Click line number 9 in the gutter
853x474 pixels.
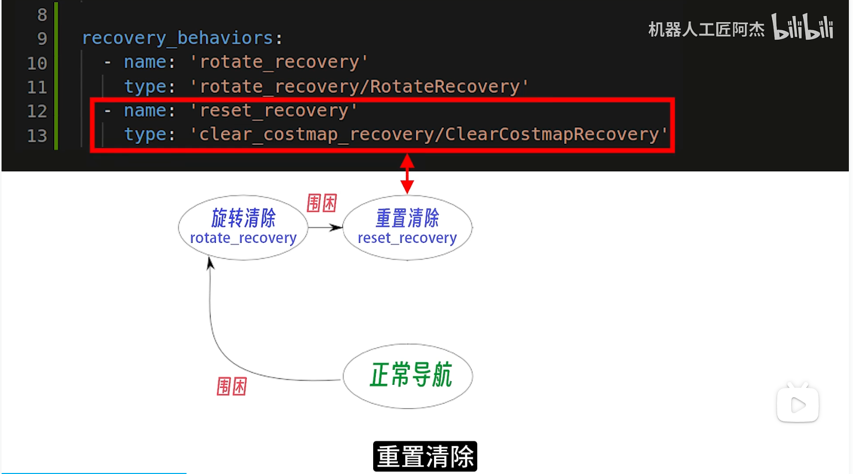[x=42, y=39]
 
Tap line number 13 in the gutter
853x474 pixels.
[x=37, y=136]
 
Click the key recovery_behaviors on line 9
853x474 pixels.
[x=177, y=38]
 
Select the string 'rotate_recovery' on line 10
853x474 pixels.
[x=279, y=62]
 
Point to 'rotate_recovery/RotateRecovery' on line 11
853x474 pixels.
[x=359, y=87]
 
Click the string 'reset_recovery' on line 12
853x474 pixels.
[x=274, y=111]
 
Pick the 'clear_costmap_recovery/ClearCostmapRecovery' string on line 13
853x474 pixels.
[x=428, y=135]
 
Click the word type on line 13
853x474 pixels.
[x=145, y=135]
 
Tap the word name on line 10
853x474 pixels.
[x=145, y=62]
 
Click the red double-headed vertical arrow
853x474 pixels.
[x=407, y=174]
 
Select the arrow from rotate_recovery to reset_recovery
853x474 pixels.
[x=325, y=227]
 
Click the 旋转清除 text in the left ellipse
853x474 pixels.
[x=243, y=218]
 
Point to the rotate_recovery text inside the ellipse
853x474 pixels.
[x=243, y=238]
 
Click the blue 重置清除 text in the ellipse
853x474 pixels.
[x=407, y=218]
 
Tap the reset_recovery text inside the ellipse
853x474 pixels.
[x=407, y=238]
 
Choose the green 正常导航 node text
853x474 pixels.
[x=410, y=375]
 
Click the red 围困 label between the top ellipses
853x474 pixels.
[x=322, y=203]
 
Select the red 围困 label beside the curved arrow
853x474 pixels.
[x=231, y=386]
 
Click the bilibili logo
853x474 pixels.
[x=802, y=27]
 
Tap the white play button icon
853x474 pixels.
[x=797, y=405]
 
